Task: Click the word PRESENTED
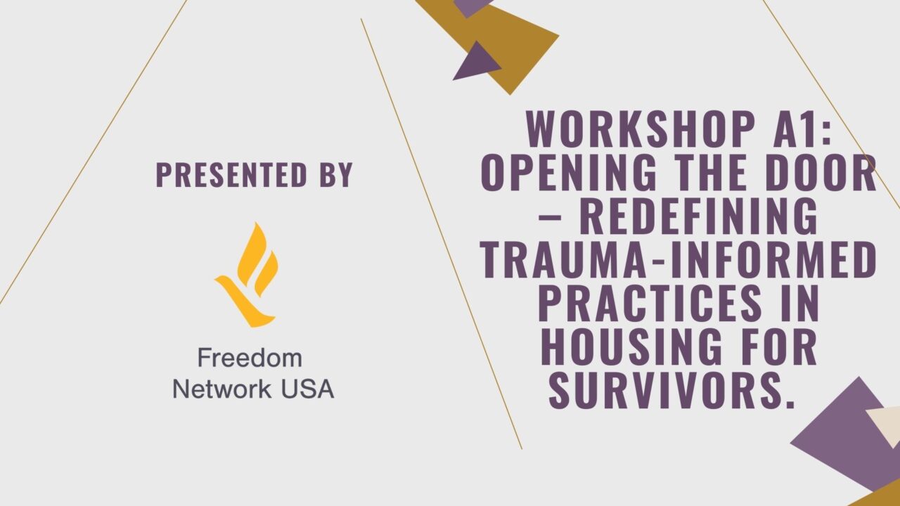tap(231, 175)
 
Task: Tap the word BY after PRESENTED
tap(335, 175)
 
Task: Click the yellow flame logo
tap(247, 275)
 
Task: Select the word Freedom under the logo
tap(250, 358)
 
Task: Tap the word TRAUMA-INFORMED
tap(679, 261)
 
